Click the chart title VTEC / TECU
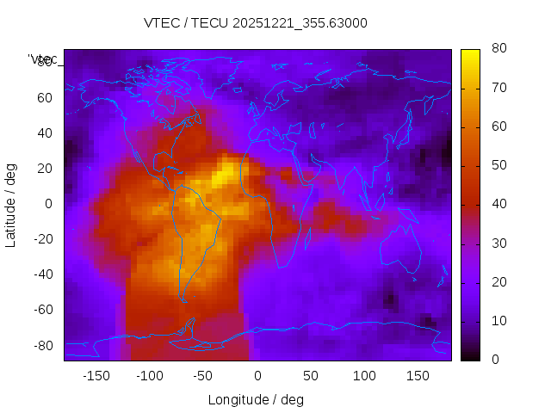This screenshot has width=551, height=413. pyautogui.click(x=256, y=23)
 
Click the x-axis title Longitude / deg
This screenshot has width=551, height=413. pyautogui.click(x=256, y=399)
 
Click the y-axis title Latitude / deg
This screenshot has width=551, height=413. pyautogui.click(x=11, y=204)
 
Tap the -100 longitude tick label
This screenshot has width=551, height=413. pyautogui.click(x=150, y=376)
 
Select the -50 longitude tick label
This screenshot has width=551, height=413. pyautogui.click(x=203, y=376)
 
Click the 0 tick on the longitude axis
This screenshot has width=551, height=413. pyautogui.click(x=257, y=376)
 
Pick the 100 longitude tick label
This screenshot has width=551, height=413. pyautogui.click(x=365, y=376)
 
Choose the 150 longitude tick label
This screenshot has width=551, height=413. pyautogui.click(x=418, y=376)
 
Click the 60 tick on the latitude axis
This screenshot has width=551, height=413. pyautogui.click(x=45, y=97)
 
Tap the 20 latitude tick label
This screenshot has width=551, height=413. pyautogui.click(x=45, y=169)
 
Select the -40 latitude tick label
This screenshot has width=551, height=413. pyautogui.click(x=42, y=274)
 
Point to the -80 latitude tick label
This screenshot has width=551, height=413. pyautogui.click(x=42, y=345)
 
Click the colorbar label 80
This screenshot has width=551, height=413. pyautogui.click(x=498, y=49)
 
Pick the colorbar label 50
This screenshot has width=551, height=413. pyautogui.click(x=498, y=165)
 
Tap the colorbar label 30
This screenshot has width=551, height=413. pyautogui.click(x=498, y=243)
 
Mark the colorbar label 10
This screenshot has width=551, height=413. pyautogui.click(x=498, y=321)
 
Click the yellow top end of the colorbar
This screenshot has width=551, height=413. pyautogui.click(x=470, y=53)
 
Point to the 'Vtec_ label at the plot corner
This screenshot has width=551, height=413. pyautogui.click(x=43, y=59)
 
